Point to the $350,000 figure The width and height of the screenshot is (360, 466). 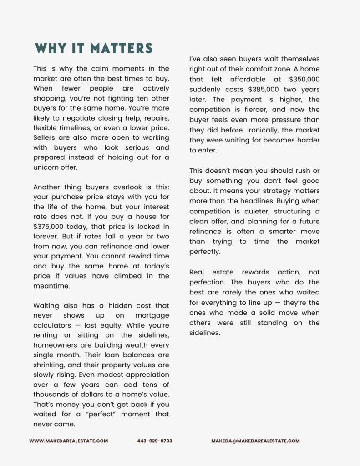click(x=304, y=79)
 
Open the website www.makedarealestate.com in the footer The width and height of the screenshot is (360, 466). click(x=68, y=441)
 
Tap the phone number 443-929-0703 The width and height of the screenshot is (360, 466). click(x=154, y=441)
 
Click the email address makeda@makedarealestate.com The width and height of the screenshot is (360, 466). click(x=255, y=441)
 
